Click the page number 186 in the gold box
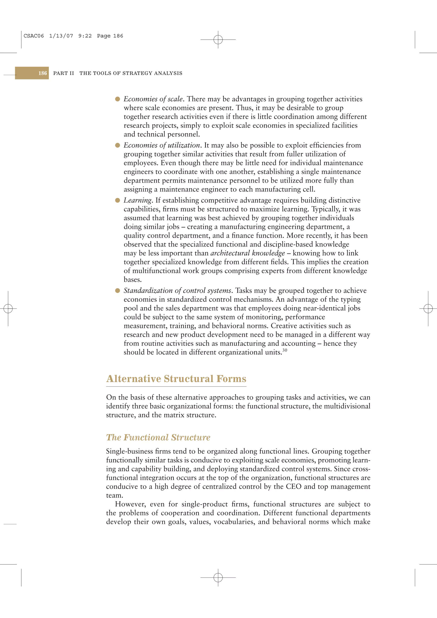42,73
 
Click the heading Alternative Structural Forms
176,379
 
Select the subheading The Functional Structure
158,437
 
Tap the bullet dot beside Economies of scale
117,99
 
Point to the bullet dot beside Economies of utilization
117,145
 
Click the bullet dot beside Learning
117,200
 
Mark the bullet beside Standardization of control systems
117,291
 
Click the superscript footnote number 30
285,350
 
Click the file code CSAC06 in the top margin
34,36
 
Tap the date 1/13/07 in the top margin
61,36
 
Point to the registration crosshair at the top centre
218,40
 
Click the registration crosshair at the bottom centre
218,577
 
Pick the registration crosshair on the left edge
8,308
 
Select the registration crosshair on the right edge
428,308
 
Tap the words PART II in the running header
64,73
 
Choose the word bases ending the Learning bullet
133,280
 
